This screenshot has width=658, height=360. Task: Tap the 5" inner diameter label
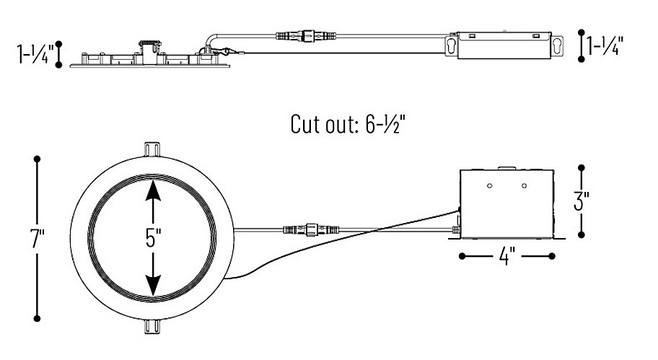click(153, 238)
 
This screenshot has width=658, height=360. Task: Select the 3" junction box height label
click(582, 201)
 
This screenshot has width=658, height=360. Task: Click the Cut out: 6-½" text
click(348, 124)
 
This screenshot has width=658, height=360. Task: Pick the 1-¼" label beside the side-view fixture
click(35, 53)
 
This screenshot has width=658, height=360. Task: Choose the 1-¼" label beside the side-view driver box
click(605, 45)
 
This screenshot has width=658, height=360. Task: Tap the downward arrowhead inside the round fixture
click(153, 285)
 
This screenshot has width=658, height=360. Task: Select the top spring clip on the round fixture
click(152, 150)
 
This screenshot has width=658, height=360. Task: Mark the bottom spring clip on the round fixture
click(152, 327)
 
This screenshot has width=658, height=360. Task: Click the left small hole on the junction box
click(489, 185)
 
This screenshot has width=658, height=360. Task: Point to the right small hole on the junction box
click(524, 185)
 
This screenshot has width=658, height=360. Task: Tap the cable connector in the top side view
click(306, 36)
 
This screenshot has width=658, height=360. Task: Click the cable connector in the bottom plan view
click(312, 229)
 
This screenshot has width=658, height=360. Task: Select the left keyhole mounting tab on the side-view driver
click(451, 45)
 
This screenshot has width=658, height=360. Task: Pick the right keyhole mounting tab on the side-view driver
click(557, 45)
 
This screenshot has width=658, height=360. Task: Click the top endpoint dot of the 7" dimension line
click(37, 159)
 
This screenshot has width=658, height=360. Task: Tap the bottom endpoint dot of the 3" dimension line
click(582, 234)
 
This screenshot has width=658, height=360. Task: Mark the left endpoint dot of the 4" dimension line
click(462, 256)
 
